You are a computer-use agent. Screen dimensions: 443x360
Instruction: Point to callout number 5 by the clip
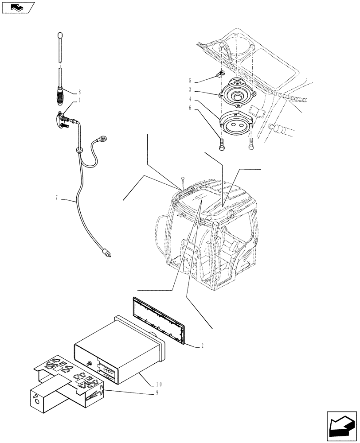[x=190, y=81]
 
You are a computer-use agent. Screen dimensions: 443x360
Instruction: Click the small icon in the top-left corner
[x=17, y=7]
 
